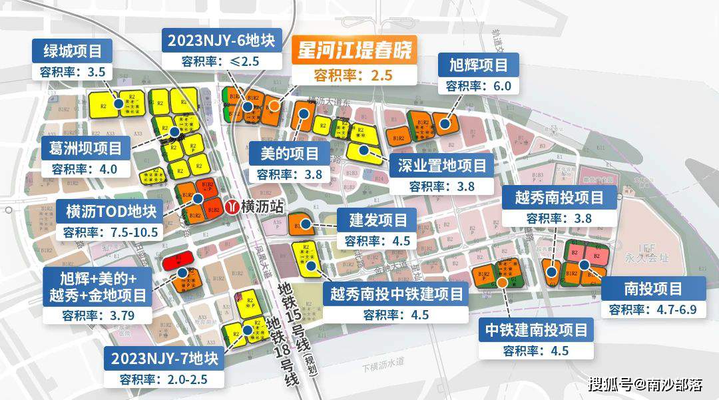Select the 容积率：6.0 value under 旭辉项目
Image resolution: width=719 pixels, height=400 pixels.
point(478,86)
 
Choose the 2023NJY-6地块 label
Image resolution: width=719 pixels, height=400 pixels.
point(221,39)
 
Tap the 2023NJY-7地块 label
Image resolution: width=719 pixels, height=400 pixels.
point(164,359)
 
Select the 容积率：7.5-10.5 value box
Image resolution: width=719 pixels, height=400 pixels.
point(111,232)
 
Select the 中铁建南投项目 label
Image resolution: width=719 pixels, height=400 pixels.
point(536,329)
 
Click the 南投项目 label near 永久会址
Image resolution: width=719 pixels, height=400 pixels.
point(653,289)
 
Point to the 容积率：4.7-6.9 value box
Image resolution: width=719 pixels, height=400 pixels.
point(653,309)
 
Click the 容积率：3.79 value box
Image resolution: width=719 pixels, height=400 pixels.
point(98,315)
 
